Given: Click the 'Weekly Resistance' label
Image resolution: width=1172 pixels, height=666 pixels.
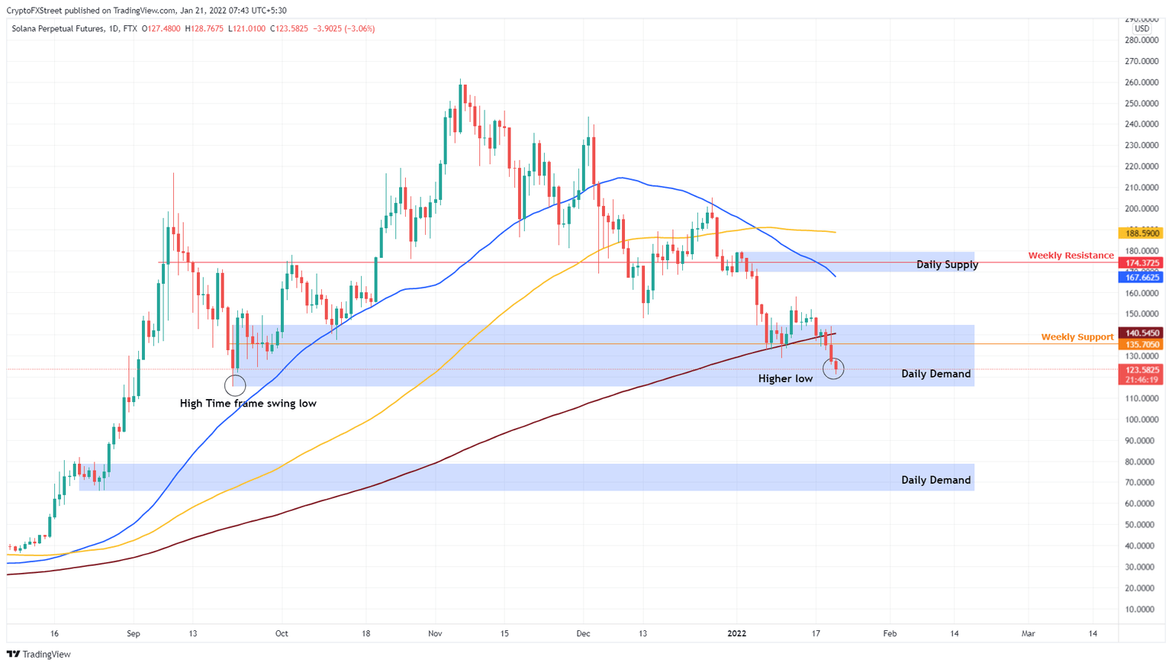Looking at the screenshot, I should tap(1071, 256).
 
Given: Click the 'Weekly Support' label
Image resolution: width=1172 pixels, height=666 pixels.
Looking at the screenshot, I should tap(1077, 337).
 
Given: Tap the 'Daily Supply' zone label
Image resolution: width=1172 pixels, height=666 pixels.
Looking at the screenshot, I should tap(947, 265).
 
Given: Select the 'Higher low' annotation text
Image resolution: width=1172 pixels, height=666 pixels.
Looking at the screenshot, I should tap(785, 378).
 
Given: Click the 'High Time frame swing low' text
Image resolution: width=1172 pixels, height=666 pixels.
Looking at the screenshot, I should tap(248, 404).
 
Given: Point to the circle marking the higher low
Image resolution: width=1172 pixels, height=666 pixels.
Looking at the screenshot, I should tap(833, 370).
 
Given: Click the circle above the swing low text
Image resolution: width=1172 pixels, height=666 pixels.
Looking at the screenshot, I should tap(235, 384).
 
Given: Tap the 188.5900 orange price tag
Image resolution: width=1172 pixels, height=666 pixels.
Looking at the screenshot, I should tap(1141, 233).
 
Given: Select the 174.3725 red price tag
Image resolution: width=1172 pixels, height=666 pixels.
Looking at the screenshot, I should tap(1141, 263).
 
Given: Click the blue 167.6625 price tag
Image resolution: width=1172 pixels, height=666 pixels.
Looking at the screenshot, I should tap(1141, 278).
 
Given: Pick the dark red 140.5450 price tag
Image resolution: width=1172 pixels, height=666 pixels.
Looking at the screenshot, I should tap(1141, 333).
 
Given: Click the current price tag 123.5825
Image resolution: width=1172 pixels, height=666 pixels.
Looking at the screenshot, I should tap(1141, 370).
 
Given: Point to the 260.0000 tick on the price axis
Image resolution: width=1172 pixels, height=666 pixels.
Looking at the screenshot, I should tap(1141, 82).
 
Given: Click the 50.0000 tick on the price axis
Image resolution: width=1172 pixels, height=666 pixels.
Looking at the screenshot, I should tap(1141, 525).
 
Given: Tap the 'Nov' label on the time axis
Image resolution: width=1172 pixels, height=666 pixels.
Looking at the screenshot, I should tap(435, 634).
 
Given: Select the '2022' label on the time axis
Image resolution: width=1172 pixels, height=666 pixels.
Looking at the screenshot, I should tap(736, 634).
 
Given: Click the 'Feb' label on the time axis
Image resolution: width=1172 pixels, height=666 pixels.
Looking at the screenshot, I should tap(890, 634).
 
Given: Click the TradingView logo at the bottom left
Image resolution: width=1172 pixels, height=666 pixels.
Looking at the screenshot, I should tap(39, 655).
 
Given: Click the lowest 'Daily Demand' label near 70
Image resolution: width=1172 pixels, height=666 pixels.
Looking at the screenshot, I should tap(935, 480).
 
